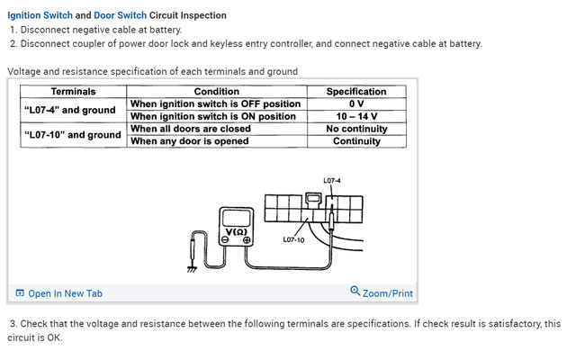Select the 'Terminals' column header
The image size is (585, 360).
point(73,92)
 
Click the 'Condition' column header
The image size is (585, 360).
point(216,92)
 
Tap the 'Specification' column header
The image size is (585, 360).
point(356,92)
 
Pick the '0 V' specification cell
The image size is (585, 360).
point(356,104)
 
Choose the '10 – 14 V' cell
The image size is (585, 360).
point(356,117)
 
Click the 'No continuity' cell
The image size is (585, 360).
point(356,129)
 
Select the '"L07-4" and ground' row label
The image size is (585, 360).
point(69,111)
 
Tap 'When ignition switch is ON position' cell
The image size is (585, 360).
point(213,117)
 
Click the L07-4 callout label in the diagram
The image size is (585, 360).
point(332,181)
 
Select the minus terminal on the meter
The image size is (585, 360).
point(225,239)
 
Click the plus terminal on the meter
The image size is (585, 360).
point(247,239)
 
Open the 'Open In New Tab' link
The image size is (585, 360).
point(58,293)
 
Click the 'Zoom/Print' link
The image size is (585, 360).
point(382,293)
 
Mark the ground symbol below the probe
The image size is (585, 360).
point(191,267)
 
